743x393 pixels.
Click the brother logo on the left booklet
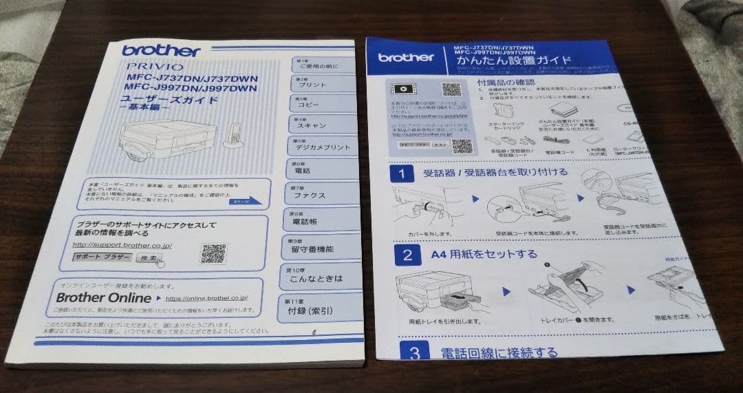click(x=161, y=50)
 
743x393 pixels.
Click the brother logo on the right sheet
click(x=405, y=58)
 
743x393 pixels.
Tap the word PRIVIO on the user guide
click(x=155, y=67)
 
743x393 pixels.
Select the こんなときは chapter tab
click(x=321, y=277)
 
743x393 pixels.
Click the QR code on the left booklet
click(x=213, y=254)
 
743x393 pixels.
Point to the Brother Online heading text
click(x=103, y=298)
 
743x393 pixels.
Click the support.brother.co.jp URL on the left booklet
click(x=122, y=245)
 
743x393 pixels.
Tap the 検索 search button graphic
click(x=149, y=258)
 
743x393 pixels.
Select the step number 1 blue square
click(x=401, y=173)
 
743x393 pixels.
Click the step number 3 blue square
click(x=414, y=353)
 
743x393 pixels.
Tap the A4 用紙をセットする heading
click(x=484, y=254)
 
